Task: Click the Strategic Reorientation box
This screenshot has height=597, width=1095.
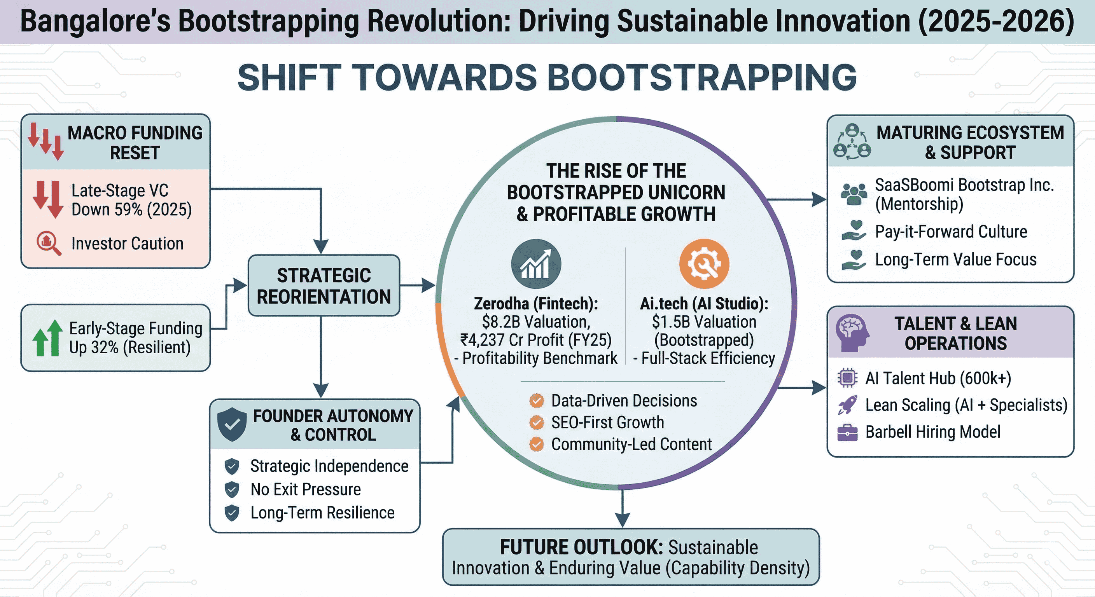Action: (x=324, y=286)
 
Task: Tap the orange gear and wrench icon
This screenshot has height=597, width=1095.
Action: (x=704, y=264)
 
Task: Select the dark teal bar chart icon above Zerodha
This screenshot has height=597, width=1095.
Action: (x=536, y=264)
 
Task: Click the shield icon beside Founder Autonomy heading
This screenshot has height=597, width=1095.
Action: (x=232, y=424)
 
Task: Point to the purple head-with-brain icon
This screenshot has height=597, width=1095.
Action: (x=852, y=333)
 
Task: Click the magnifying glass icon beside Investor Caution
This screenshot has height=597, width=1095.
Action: (x=49, y=243)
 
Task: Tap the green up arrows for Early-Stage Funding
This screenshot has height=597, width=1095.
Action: (x=47, y=338)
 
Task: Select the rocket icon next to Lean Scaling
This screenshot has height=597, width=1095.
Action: (x=847, y=405)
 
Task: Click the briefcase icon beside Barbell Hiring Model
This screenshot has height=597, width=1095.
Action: (x=847, y=433)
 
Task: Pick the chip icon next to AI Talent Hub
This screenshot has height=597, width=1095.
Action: (x=847, y=378)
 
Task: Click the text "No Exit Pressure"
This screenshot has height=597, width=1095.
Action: (x=306, y=489)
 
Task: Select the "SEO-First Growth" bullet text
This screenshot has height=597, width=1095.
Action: (x=607, y=422)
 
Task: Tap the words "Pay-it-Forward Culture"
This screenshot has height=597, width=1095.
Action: (x=951, y=232)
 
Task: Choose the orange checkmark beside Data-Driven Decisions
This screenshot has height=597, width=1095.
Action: (x=537, y=400)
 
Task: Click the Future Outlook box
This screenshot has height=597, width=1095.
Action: (x=631, y=557)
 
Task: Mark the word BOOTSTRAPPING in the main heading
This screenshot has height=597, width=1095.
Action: (x=701, y=77)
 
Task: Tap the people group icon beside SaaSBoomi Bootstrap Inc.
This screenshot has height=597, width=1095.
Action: (x=854, y=194)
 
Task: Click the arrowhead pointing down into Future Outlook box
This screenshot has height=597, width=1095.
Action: (x=622, y=520)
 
